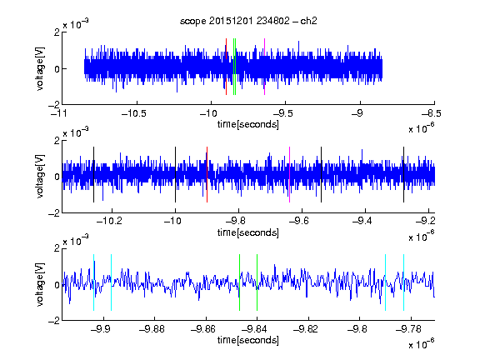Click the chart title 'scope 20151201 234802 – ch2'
click(248, 21)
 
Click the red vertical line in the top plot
click(226, 67)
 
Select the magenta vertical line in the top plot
click(264, 67)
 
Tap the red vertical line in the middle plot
click(207, 174)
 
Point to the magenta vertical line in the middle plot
click(289, 174)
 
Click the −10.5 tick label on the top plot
click(134, 113)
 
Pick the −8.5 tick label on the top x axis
click(432, 113)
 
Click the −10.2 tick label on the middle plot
click(109, 221)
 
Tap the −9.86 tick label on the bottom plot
click(203, 329)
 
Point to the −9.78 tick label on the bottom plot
click(408, 329)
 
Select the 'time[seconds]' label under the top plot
click(248, 124)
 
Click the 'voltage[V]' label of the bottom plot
click(40, 284)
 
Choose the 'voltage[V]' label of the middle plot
click(40, 177)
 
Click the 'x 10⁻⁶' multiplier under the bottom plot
click(422, 344)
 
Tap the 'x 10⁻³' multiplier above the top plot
click(76, 24)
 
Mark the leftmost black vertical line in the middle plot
click(93, 174)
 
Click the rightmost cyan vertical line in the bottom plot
click(403, 282)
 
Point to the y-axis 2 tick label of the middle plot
click(57, 141)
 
